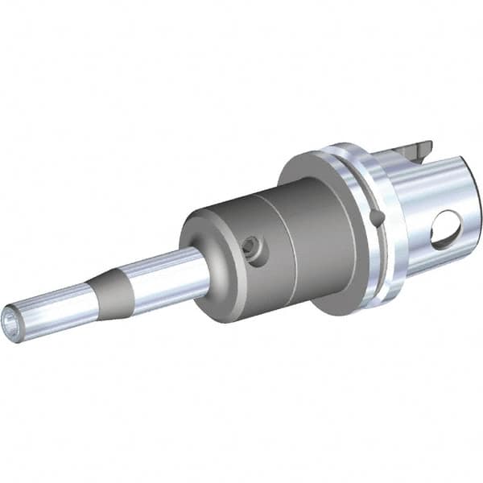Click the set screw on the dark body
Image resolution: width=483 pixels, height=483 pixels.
coord(254,250)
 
